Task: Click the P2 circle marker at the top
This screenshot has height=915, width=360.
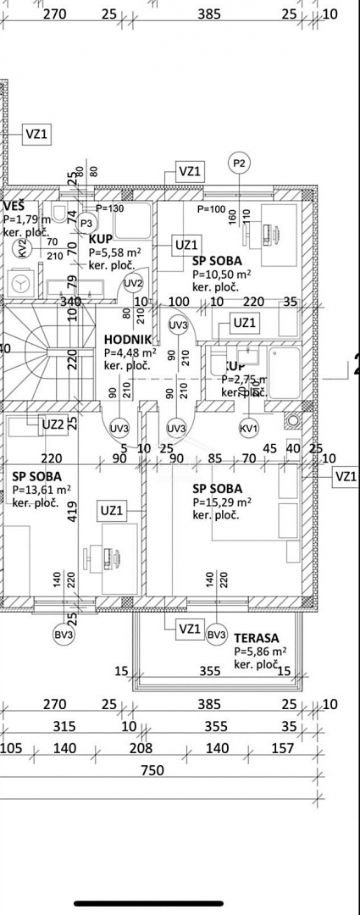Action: click(239, 163)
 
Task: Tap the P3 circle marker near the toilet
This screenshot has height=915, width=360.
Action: click(86, 223)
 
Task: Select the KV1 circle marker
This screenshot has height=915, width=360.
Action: click(249, 428)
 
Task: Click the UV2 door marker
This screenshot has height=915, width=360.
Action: click(134, 283)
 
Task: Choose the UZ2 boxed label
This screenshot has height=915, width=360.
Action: click(53, 424)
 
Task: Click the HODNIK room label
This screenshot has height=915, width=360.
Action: click(127, 339)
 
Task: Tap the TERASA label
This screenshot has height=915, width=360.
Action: click(257, 637)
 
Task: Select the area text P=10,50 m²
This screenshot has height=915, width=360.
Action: click(221, 274)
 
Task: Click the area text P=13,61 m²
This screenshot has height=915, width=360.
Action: click(41, 489)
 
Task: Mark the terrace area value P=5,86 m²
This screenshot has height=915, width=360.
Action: click(260, 651)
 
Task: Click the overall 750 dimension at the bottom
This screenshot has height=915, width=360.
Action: click(152, 770)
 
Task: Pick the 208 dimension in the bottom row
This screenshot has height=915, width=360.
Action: click(141, 748)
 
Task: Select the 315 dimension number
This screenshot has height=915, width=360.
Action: click(64, 726)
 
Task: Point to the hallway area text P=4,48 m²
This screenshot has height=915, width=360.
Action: click(130, 352)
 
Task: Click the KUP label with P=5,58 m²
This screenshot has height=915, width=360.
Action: click(100, 239)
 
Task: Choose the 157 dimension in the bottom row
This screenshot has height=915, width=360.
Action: click(282, 748)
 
